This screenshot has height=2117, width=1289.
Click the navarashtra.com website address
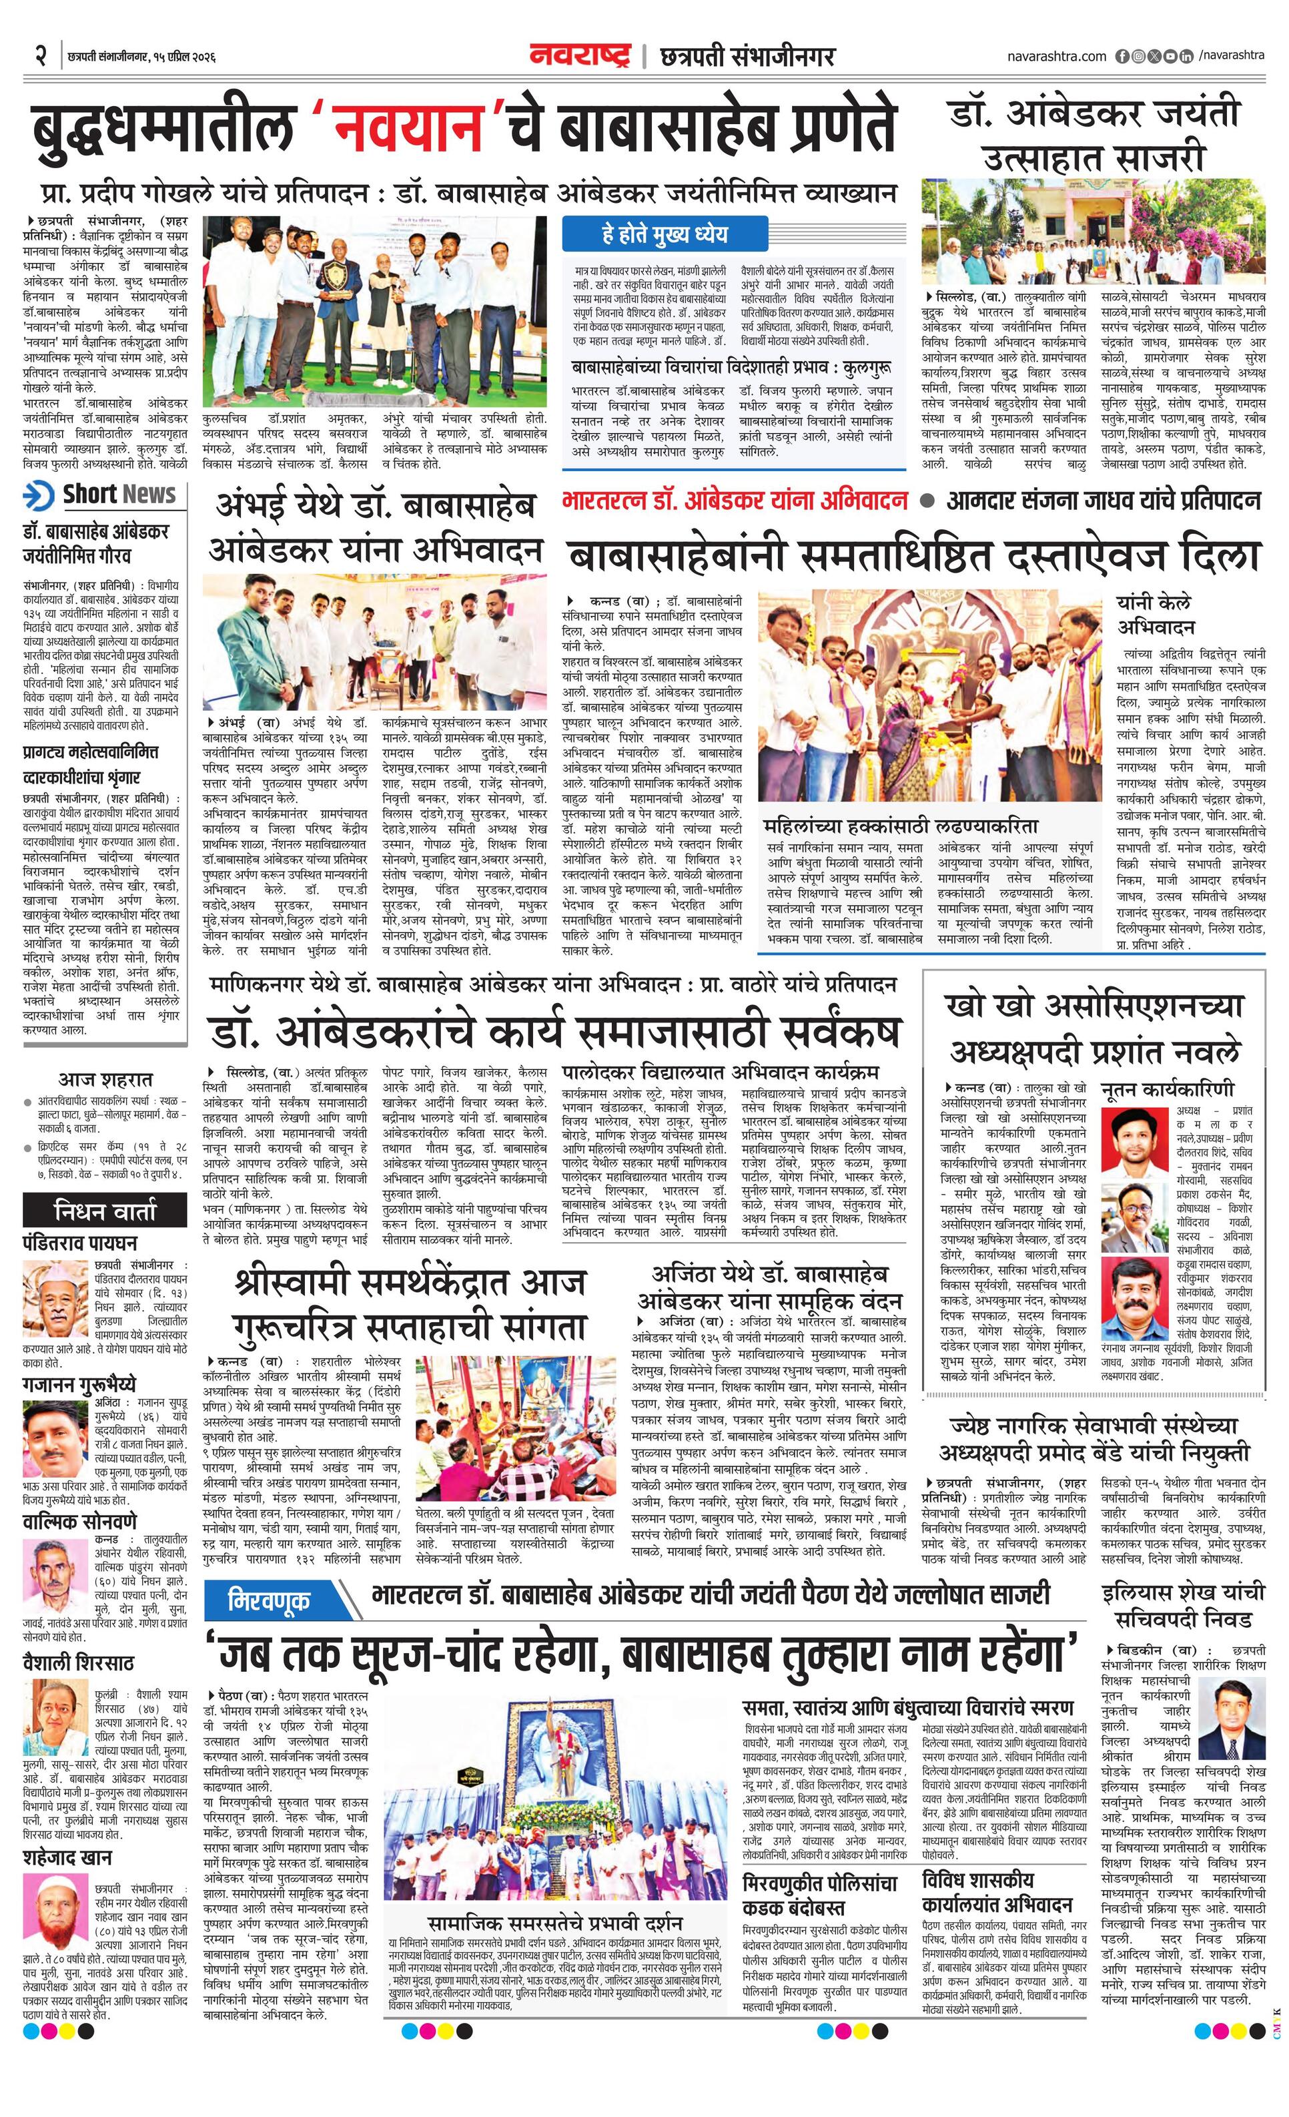[1056, 57]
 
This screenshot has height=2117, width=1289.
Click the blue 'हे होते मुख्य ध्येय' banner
[664, 234]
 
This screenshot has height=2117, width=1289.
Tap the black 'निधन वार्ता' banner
[105, 1211]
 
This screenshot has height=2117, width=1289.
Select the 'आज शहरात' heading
[105, 1079]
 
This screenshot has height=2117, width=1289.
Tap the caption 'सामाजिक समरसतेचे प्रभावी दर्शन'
[554, 1898]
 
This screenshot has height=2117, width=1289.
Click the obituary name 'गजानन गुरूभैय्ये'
[79, 1384]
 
